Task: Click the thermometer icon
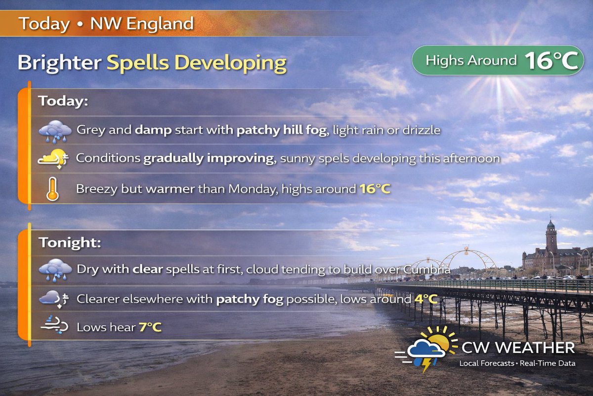pos(52,189)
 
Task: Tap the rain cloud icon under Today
pos(55,131)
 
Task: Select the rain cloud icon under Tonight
pos(55,270)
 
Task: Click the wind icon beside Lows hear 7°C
pos(54,327)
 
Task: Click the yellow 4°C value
pos(425,299)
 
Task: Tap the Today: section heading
pos(63,101)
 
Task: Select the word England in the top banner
pos(160,24)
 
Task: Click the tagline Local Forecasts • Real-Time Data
pos(517,364)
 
